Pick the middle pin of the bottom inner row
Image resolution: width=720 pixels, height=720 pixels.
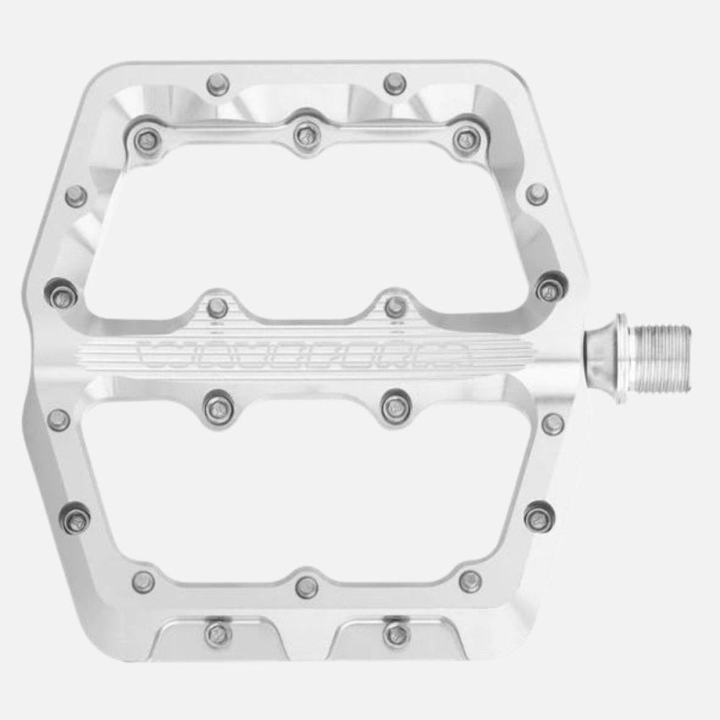point(307,583)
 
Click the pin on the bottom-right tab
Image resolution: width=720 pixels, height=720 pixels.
point(394,631)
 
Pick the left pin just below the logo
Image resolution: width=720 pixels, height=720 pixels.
point(216,408)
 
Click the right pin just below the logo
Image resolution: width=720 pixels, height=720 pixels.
point(395,408)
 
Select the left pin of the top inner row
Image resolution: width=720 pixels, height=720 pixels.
point(144,140)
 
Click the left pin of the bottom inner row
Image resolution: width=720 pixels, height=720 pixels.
point(143,580)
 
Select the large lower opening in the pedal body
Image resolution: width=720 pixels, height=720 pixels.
point(306,492)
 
